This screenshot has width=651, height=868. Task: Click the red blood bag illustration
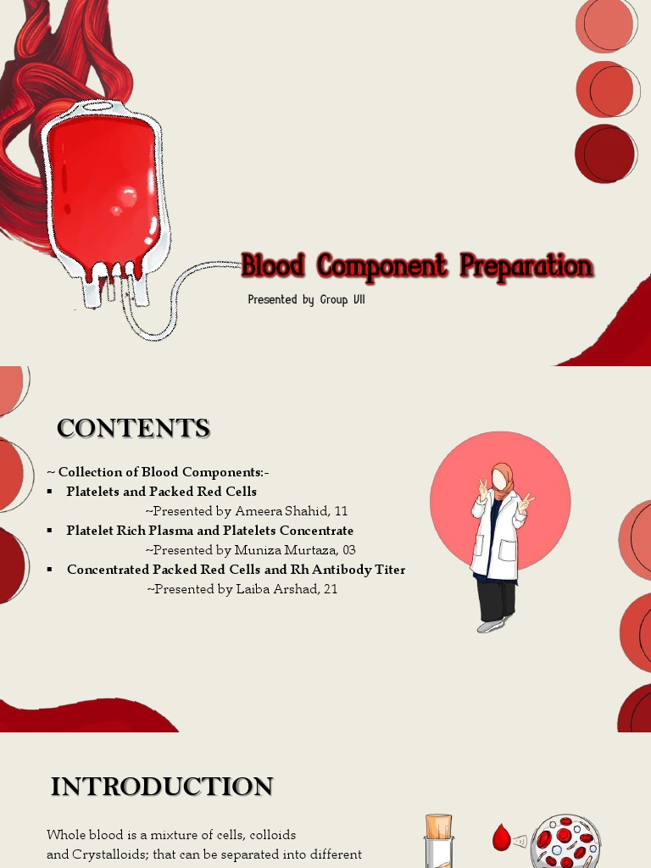tap(105, 191)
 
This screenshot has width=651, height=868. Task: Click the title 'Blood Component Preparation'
tap(417, 265)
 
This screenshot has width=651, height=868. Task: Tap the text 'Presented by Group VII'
tap(306, 299)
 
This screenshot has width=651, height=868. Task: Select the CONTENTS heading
tap(133, 428)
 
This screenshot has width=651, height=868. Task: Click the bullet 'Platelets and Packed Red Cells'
tap(161, 492)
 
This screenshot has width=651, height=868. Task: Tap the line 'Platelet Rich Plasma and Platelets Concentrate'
tap(209, 531)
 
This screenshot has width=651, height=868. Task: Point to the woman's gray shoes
tap(492, 626)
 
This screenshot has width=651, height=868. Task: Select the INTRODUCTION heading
tap(161, 787)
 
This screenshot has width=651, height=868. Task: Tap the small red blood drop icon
tap(502, 839)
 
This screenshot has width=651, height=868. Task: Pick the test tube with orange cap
tap(438, 839)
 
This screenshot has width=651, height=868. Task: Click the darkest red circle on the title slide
tap(605, 153)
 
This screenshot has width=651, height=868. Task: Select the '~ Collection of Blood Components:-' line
tap(159, 472)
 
